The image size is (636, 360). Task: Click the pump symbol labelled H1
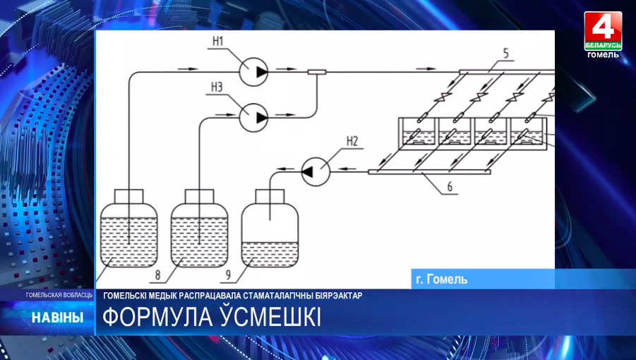(x=254, y=71)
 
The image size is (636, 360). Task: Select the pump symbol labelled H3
(x=254, y=116)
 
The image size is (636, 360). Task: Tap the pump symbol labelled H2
(x=316, y=170)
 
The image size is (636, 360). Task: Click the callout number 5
(x=506, y=52)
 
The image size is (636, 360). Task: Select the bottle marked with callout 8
(x=200, y=226)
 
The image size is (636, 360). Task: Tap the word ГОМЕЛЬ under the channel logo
(x=603, y=54)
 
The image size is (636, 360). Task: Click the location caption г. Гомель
(x=442, y=280)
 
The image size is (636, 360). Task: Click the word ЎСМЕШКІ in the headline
(x=270, y=318)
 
